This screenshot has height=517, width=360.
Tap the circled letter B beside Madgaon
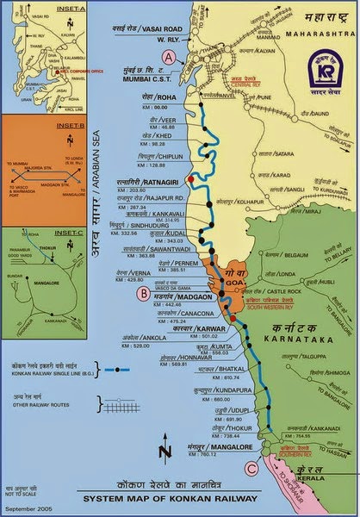click(x=142, y=292)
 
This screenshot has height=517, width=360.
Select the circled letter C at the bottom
click(x=251, y=469)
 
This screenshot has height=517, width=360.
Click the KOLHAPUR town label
click(x=247, y=203)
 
